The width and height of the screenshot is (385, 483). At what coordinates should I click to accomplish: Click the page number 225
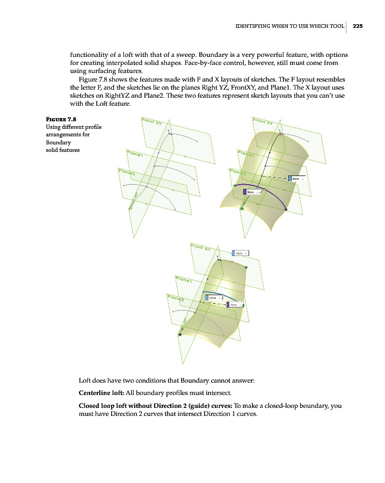coord(358,25)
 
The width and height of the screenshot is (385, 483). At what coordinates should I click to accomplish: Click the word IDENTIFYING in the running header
coord(255,25)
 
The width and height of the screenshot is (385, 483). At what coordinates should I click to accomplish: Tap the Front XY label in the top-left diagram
coord(153,122)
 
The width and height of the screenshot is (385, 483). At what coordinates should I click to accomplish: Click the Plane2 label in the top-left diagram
coord(127,173)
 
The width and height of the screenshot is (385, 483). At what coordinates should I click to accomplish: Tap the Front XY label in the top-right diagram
coord(264,121)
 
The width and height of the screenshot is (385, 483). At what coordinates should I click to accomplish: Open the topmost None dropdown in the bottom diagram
coord(241,253)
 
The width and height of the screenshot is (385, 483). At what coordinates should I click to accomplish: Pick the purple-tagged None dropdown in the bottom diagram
coord(235,304)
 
